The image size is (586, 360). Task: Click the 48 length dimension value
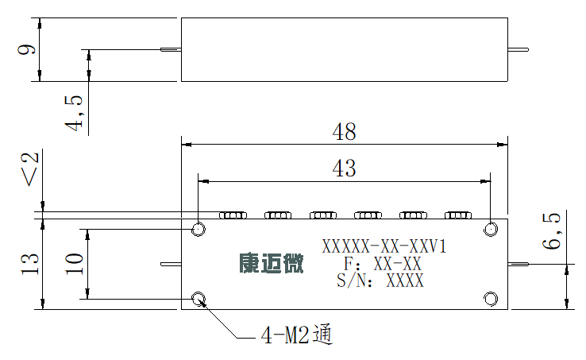coord(344,131)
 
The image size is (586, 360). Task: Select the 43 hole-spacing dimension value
coord(344,168)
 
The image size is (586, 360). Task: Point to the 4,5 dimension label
coord(74,113)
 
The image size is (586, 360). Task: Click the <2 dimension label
coord(31,168)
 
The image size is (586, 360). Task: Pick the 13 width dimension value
coord(30,264)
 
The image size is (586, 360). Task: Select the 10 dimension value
coord(74,264)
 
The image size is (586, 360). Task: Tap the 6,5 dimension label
coord(552,231)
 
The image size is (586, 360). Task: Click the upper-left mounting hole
coord(198,229)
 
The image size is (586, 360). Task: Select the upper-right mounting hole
coord(491,229)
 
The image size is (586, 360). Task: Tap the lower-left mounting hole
coord(198,299)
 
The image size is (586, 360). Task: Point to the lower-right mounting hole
coord(491,299)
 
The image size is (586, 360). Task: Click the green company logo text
coord(272,263)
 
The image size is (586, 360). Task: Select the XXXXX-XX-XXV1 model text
coord(384,246)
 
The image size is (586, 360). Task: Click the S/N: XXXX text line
coord(380,281)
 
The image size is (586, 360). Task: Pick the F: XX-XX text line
coord(383,264)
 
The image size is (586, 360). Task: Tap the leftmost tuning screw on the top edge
coord(233,215)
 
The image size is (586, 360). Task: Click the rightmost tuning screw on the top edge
coord(458,215)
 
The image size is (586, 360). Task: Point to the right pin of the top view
coord(518,49)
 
